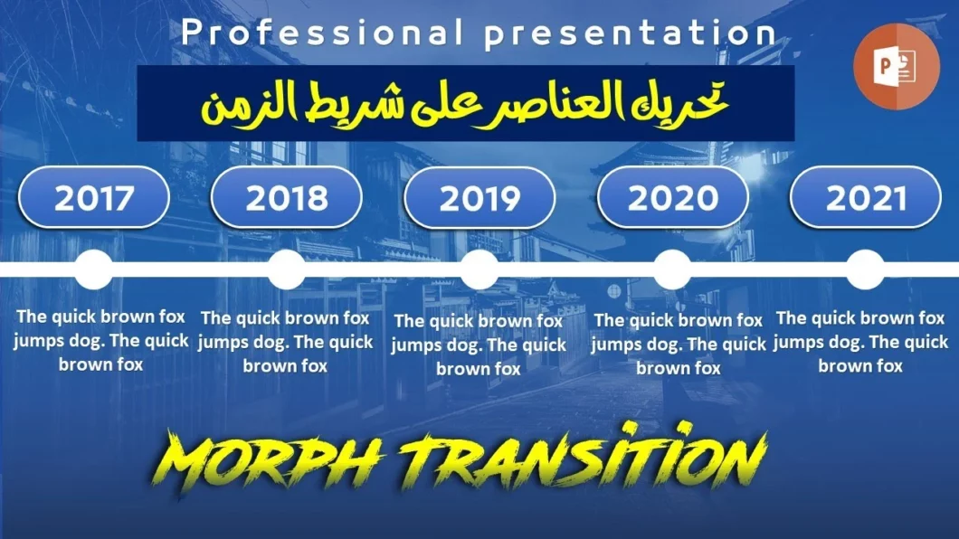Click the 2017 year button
click(94, 197)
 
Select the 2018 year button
click(286, 197)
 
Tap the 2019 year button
click(479, 198)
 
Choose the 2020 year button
click(673, 197)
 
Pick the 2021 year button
click(866, 197)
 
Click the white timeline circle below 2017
click(94, 269)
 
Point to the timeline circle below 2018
click(287, 269)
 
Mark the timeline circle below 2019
click(479, 269)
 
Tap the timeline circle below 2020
click(672, 269)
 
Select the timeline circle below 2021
click(865, 269)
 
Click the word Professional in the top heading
click(316, 33)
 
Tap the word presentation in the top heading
click(630, 33)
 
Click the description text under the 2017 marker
click(101, 341)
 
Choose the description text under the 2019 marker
click(479, 345)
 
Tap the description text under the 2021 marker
click(860, 342)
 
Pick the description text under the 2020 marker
click(679, 344)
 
